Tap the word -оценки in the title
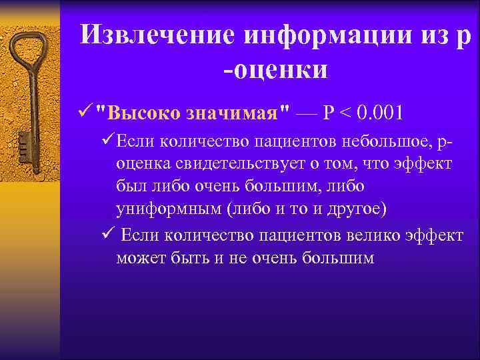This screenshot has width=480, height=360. pos(275,69)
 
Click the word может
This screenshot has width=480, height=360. pos(139,258)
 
